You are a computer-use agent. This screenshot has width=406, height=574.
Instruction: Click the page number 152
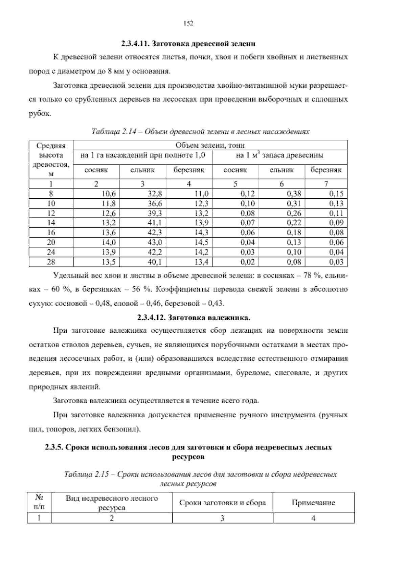tap(188, 23)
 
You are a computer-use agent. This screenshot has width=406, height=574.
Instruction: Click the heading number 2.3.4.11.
tap(135, 44)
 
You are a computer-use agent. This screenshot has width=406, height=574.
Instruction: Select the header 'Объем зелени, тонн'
tap(210, 146)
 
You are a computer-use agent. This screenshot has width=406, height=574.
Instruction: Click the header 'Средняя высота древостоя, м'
tap(51, 160)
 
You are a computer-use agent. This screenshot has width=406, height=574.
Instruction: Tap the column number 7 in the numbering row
tap(326, 184)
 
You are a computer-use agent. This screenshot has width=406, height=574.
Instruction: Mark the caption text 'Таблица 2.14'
tap(109, 131)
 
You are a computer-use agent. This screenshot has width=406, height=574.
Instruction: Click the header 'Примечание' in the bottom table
tap(313, 503)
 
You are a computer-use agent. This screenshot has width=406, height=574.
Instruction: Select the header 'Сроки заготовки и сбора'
tap(222, 503)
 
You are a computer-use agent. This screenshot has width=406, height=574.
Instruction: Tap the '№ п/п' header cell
tap(39, 503)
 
